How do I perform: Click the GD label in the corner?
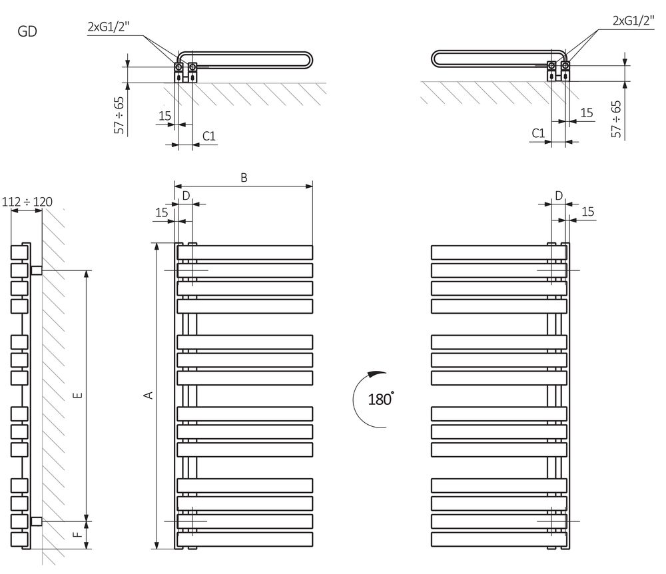[x=28, y=31]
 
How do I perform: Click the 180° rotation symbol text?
[x=380, y=399]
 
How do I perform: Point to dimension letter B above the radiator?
[x=244, y=177]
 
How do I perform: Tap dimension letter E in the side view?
[x=77, y=395]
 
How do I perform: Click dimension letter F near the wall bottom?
[x=77, y=535]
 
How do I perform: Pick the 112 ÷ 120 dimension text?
[x=28, y=202]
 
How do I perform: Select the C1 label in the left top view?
[x=208, y=136]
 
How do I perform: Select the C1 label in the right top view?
[x=538, y=133]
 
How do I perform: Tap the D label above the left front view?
[x=186, y=194]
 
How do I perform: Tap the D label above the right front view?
[x=559, y=194]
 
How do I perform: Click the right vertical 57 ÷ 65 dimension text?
[x=617, y=119]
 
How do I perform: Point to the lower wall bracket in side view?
[x=37, y=520]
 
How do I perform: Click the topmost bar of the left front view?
[x=245, y=252]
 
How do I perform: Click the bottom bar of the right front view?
[x=498, y=538]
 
